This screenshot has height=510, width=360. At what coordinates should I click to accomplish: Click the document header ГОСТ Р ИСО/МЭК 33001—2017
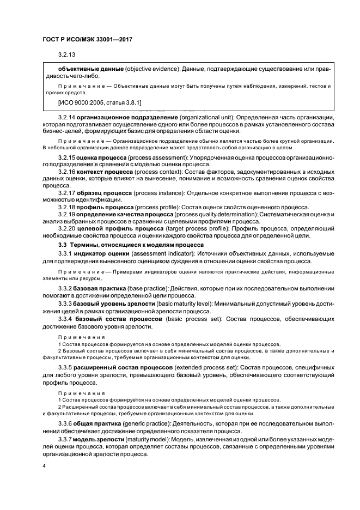point(87,40)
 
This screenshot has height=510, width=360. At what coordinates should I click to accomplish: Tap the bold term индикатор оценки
point(101,254)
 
